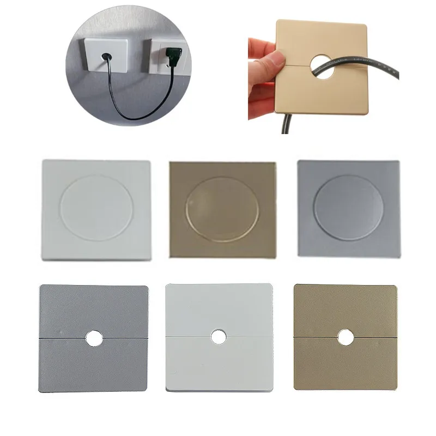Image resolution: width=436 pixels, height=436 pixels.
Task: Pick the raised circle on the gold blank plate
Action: pyautogui.click(x=223, y=209)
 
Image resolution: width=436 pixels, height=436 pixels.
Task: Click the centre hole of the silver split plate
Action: pyautogui.click(x=94, y=338)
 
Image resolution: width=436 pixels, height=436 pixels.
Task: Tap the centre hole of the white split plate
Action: pyautogui.click(x=219, y=337)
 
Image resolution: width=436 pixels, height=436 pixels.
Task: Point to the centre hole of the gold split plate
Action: pyautogui.click(x=345, y=337)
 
